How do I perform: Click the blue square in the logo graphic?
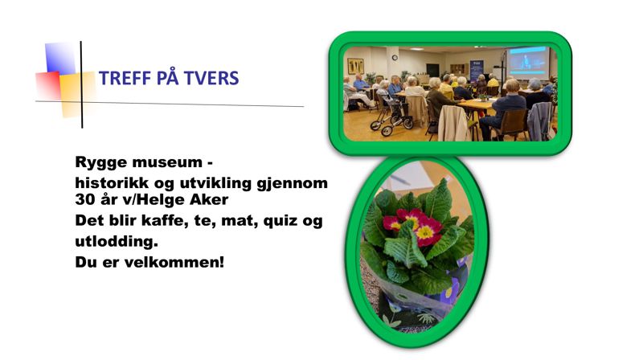59,59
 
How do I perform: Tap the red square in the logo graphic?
47,84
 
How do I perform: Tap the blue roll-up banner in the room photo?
477,69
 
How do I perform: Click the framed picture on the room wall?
355,66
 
